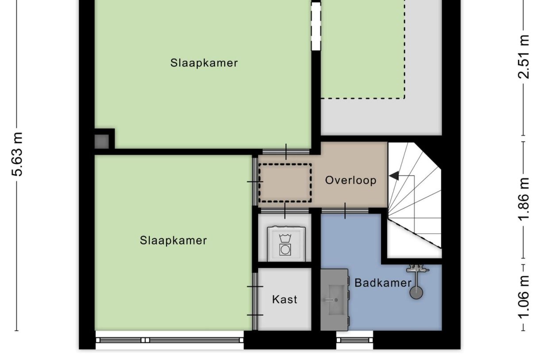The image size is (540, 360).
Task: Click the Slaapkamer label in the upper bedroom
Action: click(x=204, y=63)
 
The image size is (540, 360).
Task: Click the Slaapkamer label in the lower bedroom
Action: click(x=173, y=240)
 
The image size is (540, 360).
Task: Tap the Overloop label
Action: click(x=351, y=180)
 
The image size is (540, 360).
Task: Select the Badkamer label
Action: click(x=383, y=283)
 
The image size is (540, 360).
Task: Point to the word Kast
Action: click(x=285, y=299)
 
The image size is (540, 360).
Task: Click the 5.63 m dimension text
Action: click(x=17, y=154)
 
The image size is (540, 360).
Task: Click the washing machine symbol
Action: click(x=285, y=243)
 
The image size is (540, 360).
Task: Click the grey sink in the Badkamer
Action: click(x=335, y=300)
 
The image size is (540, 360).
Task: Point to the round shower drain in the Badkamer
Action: click(x=416, y=292)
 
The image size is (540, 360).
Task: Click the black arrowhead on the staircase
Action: click(x=393, y=176)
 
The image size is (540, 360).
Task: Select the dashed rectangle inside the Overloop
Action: click(x=285, y=182)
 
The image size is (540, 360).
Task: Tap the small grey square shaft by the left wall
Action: click(x=102, y=142)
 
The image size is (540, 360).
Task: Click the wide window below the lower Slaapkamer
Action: click(x=170, y=340)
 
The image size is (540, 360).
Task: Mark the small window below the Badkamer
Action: click(x=354, y=340)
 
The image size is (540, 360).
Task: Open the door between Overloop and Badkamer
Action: click(x=345, y=211)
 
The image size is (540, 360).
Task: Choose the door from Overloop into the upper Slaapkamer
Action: click(x=285, y=152)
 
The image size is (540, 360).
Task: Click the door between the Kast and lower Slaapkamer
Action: click(x=255, y=301)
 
